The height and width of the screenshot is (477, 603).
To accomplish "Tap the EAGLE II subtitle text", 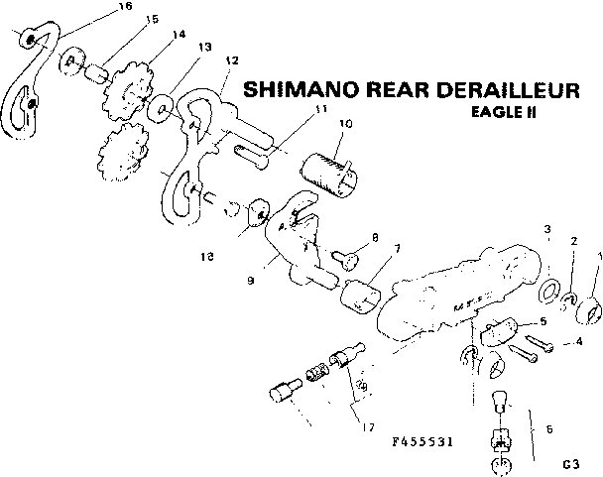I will coord(503,112).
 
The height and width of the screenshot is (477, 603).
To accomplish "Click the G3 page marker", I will coord(569,462).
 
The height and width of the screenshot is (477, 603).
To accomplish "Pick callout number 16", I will coord(124,8).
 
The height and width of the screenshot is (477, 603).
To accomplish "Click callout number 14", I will coord(180,35).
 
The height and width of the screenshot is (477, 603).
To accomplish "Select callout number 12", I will coord(232,60).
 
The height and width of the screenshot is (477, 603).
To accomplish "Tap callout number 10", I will coord(345,124).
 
